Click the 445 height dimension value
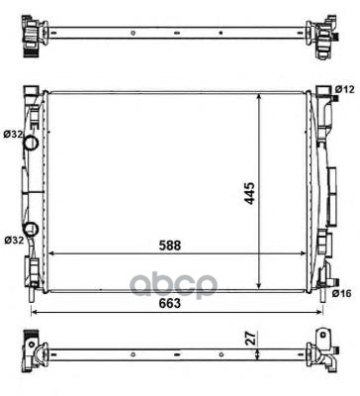pos(250,193)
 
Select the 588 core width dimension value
pos(170,246)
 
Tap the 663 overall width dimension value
pos(170,303)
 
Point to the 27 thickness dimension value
pos(251,339)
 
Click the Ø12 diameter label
pos(344,89)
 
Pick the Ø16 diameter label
pos(342,293)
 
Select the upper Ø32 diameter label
pos(14,134)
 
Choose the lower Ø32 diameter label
pos(14,240)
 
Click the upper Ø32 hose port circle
pos(31,143)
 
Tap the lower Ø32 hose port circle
pos(31,229)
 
